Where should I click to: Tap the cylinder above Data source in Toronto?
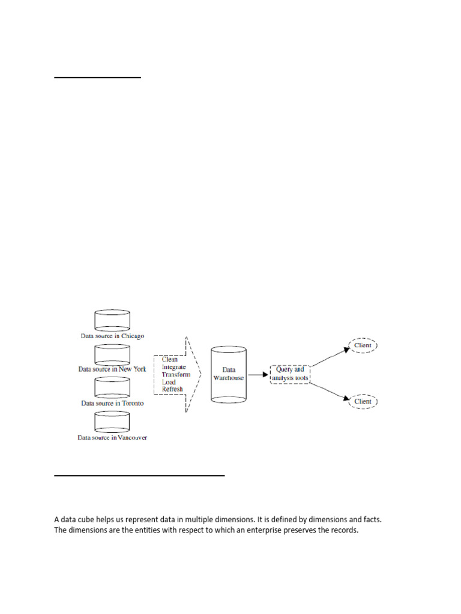[112, 387]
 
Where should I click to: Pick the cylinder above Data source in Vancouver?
[112, 422]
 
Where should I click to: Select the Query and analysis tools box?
[290, 374]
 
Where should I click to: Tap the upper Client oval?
[363, 345]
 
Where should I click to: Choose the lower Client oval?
[363, 401]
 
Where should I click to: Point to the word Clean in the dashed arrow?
[170, 360]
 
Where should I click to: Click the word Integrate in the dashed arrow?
[174, 367]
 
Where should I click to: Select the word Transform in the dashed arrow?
[176, 374]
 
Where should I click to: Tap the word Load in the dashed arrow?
[169, 382]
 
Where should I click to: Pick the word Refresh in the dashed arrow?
[172, 389]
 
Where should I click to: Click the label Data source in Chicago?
[113, 336]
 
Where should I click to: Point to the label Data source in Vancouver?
[112, 438]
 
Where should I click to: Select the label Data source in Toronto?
[112, 404]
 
